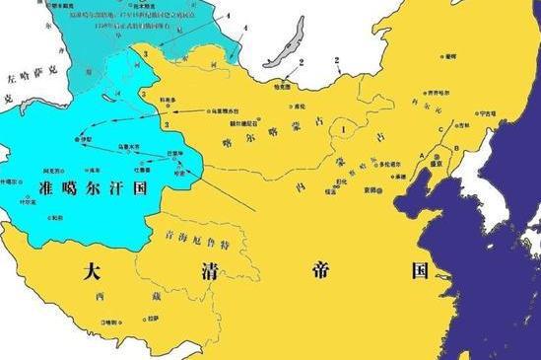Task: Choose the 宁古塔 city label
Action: (x=487, y=113)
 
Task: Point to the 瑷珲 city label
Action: (x=450, y=57)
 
